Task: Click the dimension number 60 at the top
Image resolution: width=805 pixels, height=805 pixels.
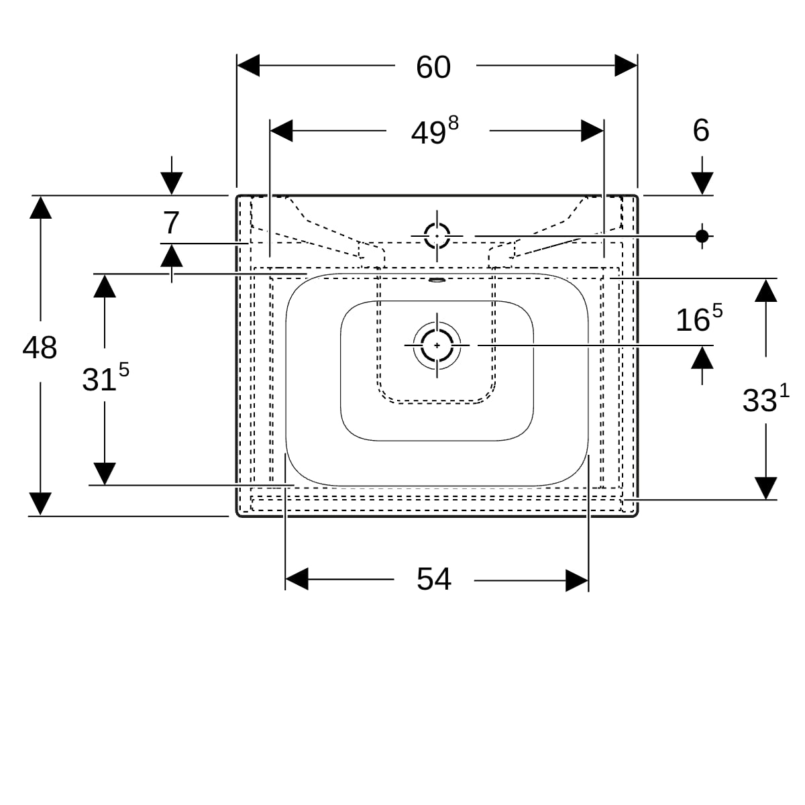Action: pos(433,67)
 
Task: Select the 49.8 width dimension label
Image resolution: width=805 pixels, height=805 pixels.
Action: pos(435,131)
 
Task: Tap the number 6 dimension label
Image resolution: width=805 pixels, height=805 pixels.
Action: pos(701,130)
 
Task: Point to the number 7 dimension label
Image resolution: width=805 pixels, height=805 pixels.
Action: pos(171,223)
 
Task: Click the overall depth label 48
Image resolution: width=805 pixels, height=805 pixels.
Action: pos(40,347)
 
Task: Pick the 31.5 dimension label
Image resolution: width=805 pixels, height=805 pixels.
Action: pos(105,377)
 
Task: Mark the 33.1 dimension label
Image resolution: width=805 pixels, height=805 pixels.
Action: pos(765,398)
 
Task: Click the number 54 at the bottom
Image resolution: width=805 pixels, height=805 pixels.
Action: pos(433,580)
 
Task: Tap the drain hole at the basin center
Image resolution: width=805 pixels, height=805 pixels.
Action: pos(437,345)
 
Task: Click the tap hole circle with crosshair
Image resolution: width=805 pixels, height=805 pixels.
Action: pos(437,236)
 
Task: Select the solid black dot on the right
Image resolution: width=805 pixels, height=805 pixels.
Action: pos(702,236)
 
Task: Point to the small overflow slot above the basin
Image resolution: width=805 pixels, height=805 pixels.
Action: pos(437,280)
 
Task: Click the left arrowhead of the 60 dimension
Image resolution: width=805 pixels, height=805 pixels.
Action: pos(248,66)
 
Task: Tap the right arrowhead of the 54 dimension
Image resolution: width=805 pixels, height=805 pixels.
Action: pos(577,580)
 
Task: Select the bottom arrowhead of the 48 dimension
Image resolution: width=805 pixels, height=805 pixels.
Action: pos(40,504)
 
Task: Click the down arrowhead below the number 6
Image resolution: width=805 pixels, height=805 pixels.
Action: pos(702,183)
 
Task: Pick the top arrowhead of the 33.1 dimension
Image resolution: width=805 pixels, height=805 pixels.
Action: pos(765,290)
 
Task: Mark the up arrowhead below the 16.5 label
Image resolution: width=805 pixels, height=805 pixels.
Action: pos(702,358)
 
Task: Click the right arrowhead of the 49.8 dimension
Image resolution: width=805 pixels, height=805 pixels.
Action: pos(592,131)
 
